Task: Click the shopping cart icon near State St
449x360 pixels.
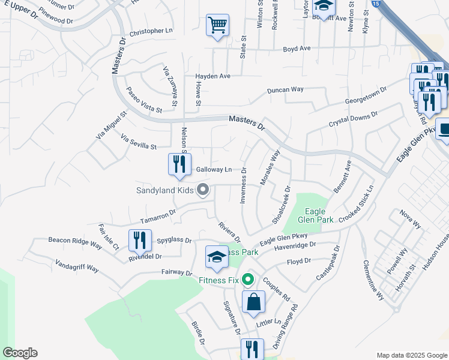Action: point(217,25)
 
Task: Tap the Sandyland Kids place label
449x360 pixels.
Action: point(165,190)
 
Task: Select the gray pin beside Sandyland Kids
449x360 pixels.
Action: point(203,190)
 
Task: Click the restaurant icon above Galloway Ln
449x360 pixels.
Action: point(179,164)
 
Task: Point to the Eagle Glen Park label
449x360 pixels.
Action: point(316,215)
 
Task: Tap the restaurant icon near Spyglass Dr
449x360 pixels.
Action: point(140,240)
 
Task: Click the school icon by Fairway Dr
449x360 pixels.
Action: point(217,257)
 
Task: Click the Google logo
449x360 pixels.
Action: point(20,353)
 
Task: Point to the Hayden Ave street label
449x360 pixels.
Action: point(213,76)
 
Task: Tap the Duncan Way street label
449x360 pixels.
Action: point(285,90)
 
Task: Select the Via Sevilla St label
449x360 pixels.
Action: point(139,142)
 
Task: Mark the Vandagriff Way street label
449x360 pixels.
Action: point(77,266)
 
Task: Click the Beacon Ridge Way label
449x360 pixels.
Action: point(76,242)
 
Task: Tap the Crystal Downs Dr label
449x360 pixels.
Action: point(353,118)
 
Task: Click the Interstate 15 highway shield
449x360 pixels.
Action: point(375,4)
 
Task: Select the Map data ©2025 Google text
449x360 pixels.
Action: point(411,355)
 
